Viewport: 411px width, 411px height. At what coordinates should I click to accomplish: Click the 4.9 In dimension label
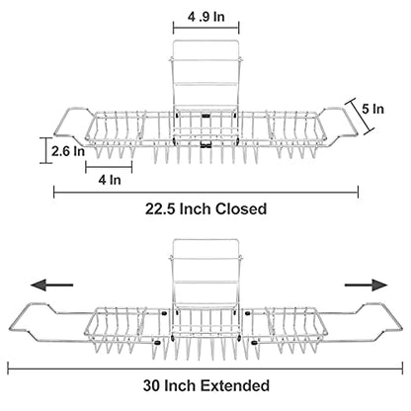(x=206, y=17)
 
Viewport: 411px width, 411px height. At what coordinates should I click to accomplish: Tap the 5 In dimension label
(x=372, y=109)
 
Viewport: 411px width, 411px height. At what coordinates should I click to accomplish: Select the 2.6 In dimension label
(x=68, y=151)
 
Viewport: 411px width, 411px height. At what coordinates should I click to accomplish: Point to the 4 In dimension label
(x=110, y=180)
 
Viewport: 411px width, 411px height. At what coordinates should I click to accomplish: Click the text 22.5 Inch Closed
(x=205, y=209)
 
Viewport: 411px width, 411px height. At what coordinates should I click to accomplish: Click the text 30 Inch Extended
(x=206, y=385)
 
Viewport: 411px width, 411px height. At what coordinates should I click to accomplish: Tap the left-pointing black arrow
(x=51, y=285)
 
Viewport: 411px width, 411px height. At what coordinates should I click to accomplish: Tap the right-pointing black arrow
(x=367, y=285)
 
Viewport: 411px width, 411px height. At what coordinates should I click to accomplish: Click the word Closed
(x=241, y=209)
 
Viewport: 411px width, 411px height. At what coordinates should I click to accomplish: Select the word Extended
(x=235, y=385)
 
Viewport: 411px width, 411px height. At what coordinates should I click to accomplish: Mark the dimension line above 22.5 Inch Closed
(x=205, y=193)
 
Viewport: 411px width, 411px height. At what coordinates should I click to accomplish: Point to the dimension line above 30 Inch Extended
(x=205, y=369)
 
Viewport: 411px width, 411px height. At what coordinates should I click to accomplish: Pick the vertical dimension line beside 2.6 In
(x=45, y=150)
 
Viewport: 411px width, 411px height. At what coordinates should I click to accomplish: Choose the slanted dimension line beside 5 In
(x=360, y=117)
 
